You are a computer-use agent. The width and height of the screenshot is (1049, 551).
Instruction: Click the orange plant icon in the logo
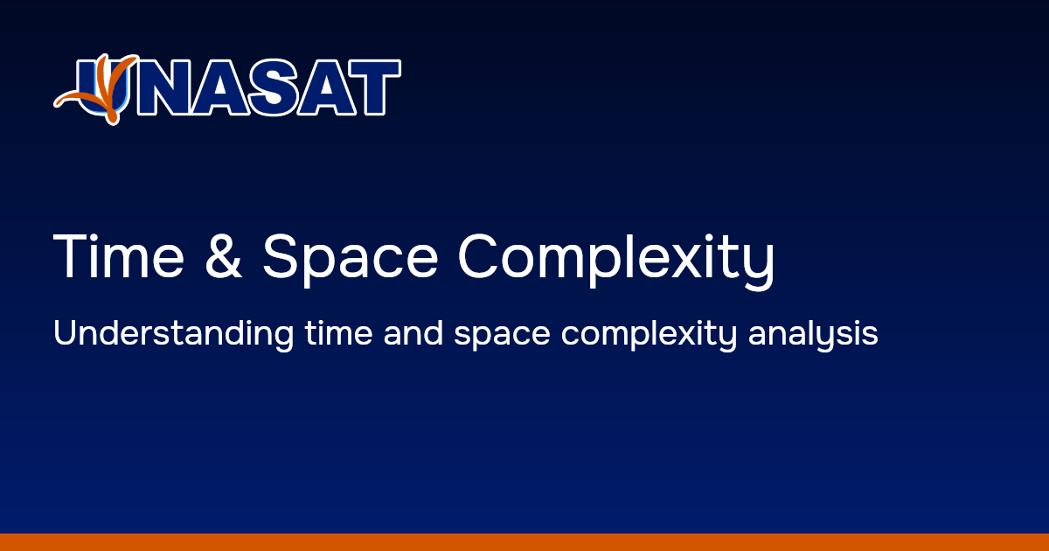98,87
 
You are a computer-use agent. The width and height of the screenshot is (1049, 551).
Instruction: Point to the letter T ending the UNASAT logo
373,88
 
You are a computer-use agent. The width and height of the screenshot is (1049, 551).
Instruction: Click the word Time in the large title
119,256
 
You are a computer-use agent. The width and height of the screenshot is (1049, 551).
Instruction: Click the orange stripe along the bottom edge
524,542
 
